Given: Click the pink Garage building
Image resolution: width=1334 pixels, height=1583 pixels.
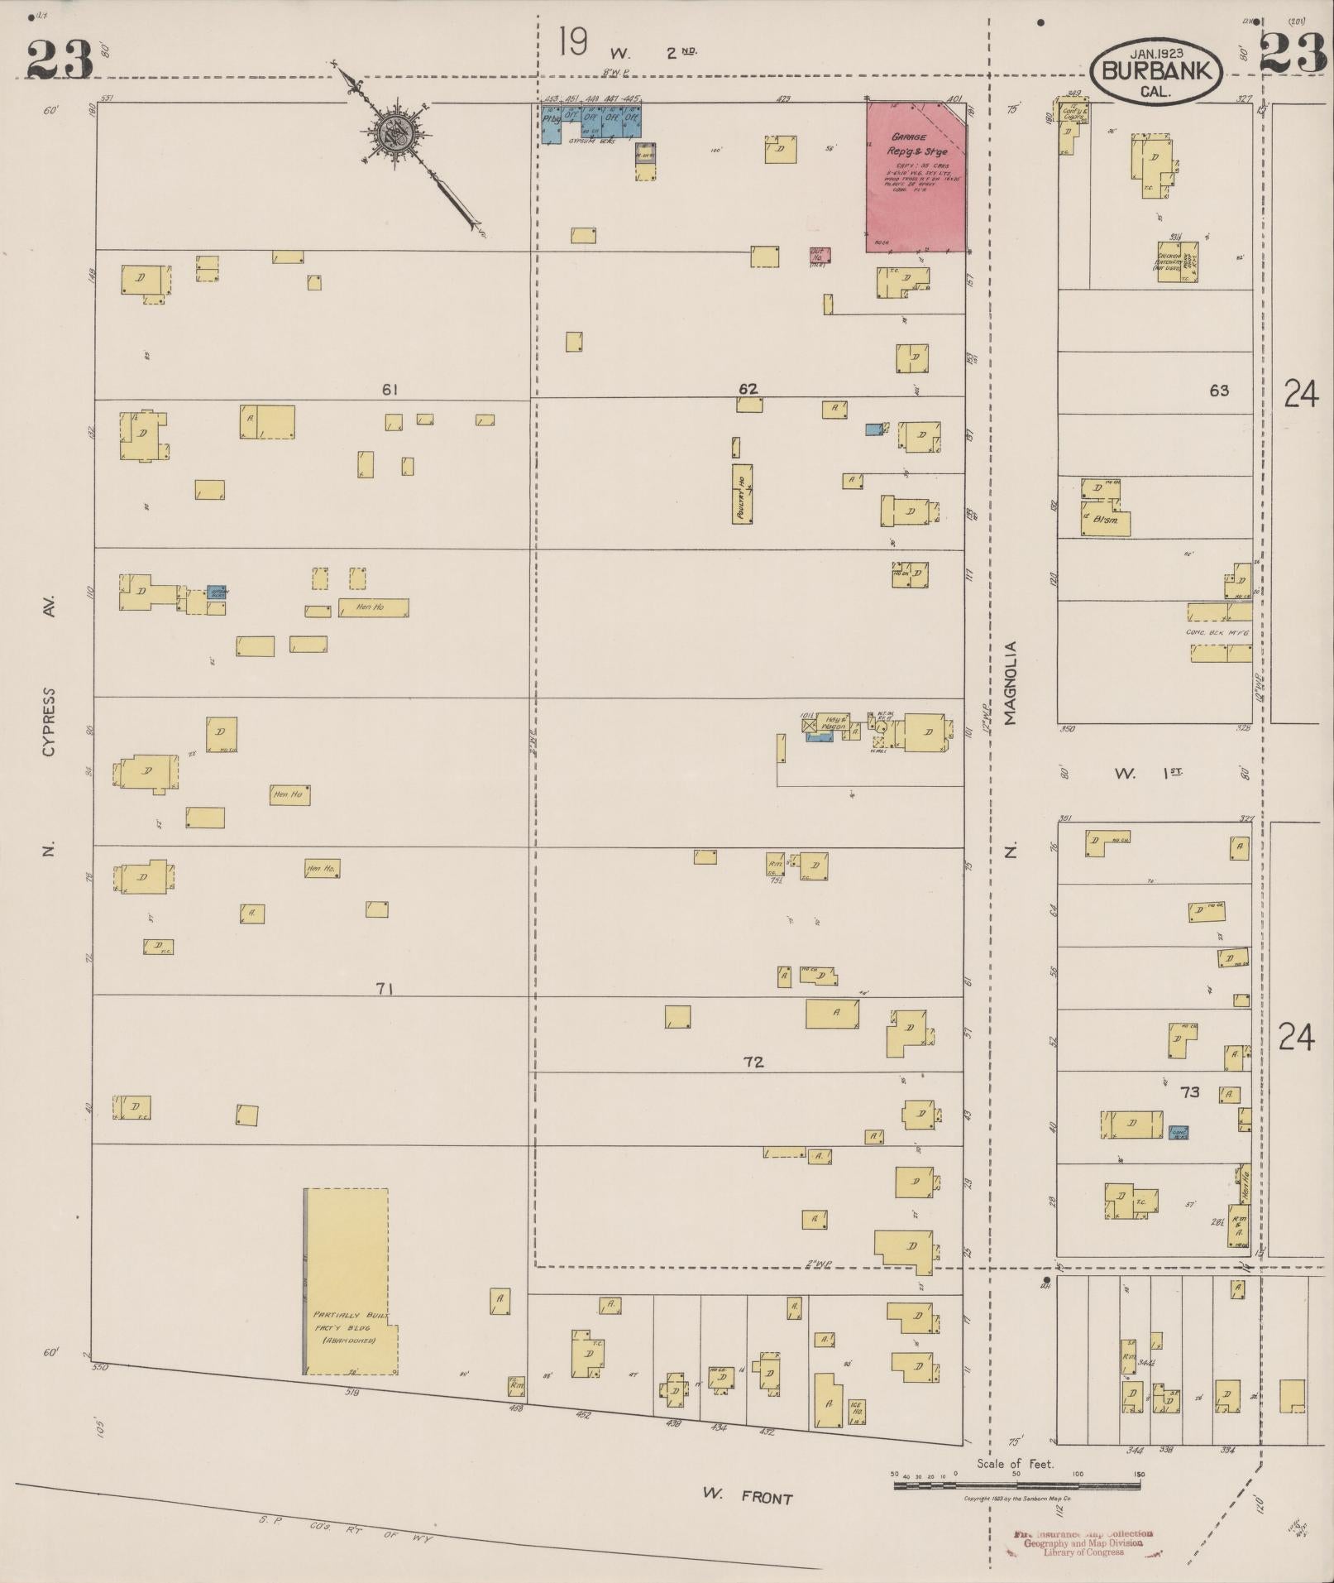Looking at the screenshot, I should (x=915, y=177).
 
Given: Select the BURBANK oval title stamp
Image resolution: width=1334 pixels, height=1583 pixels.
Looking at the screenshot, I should (x=1155, y=71).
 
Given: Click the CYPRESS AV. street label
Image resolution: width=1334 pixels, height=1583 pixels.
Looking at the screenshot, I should (x=50, y=720).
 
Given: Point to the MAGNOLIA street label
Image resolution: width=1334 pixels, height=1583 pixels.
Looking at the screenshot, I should (x=1010, y=684).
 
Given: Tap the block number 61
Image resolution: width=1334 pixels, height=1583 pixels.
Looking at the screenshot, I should (x=390, y=389).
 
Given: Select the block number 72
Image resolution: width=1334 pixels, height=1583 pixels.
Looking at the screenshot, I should (x=753, y=1062).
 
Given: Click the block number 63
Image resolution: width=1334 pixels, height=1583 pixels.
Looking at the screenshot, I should (x=1218, y=391).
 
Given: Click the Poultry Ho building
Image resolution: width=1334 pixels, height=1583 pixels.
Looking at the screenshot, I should (x=742, y=494).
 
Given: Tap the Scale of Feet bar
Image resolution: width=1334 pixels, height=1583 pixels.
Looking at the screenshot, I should (x=1016, y=1485).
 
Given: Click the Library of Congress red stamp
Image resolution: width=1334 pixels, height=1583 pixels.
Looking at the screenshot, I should (x=1083, y=1544).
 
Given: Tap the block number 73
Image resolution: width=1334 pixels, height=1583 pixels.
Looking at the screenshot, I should (x=1189, y=1092).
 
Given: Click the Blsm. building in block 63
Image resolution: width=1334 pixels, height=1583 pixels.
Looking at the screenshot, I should (x=1105, y=521).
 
